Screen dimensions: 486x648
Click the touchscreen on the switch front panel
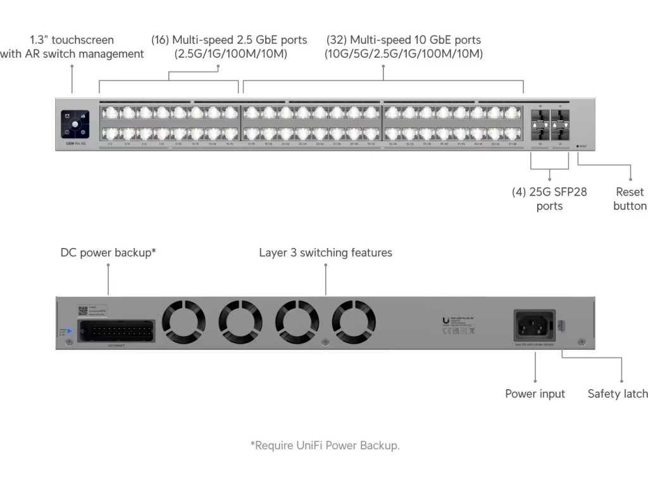pyautogui.click(x=75, y=124)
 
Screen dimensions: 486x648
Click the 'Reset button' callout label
pyautogui.click(x=630, y=199)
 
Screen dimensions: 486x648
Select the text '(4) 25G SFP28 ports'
pyautogui.click(x=549, y=199)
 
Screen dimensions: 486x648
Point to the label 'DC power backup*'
pyautogui.click(x=108, y=252)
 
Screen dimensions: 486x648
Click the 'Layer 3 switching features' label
pyautogui.click(x=325, y=252)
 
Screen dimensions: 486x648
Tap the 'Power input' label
pyautogui.click(x=535, y=394)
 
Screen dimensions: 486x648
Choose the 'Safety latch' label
pyautogui.click(x=617, y=394)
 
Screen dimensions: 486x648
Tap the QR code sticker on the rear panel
pyautogui.click(x=82, y=310)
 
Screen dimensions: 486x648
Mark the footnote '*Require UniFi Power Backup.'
pyautogui.click(x=325, y=445)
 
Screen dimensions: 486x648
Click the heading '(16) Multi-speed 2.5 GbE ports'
pyautogui.click(x=229, y=40)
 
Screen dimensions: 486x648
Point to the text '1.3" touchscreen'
pyautogui.click(x=72, y=40)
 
